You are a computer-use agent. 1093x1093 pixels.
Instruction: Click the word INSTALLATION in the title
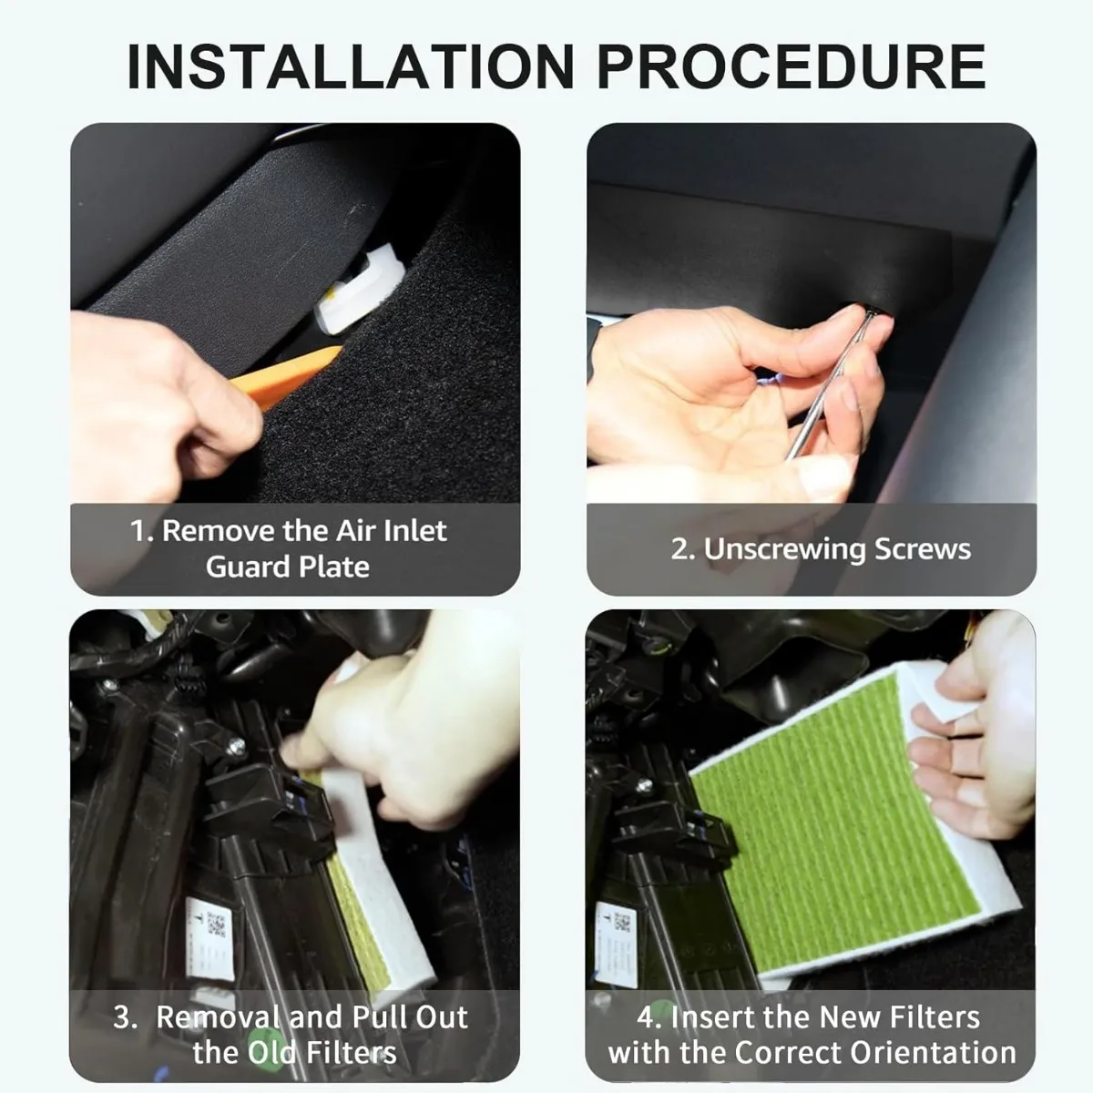(x=350, y=66)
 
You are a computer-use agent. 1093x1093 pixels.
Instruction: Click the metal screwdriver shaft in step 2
(x=829, y=383)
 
